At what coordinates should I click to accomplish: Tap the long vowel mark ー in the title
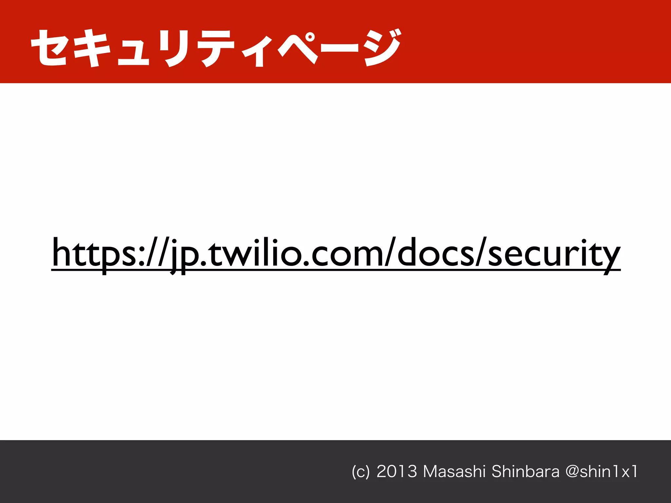tap(339, 49)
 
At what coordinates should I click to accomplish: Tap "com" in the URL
tap(348, 254)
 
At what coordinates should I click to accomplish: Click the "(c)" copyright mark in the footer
tap(360, 472)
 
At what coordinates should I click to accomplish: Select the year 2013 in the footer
tap(397, 472)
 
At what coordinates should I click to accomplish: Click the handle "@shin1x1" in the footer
tap(602, 472)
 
